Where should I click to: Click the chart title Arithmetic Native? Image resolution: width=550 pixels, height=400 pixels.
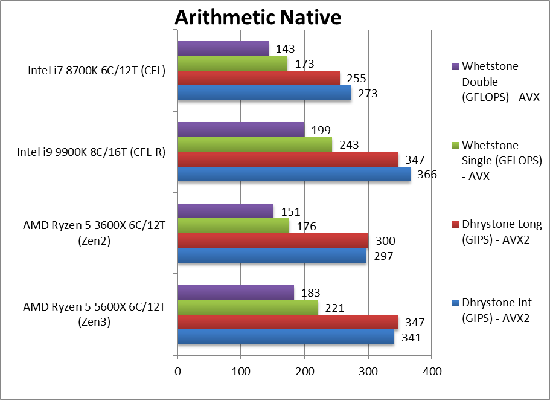coord(258,18)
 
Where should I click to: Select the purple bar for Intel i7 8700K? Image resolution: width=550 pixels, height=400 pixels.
coord(223,48)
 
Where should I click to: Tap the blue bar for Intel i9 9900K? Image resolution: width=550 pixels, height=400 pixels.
coord(293,174)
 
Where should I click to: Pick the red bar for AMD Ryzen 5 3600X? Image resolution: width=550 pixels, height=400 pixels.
coord(272,240)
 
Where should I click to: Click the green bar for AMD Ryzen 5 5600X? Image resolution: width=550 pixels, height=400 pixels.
coord(248,308)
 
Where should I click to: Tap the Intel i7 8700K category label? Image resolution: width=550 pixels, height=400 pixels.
coord(97,71)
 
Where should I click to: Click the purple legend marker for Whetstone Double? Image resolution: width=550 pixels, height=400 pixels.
coord(454,66)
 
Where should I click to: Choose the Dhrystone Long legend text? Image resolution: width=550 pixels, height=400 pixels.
coord(501,231)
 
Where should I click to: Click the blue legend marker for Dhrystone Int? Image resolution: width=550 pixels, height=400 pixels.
coord(454,303)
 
